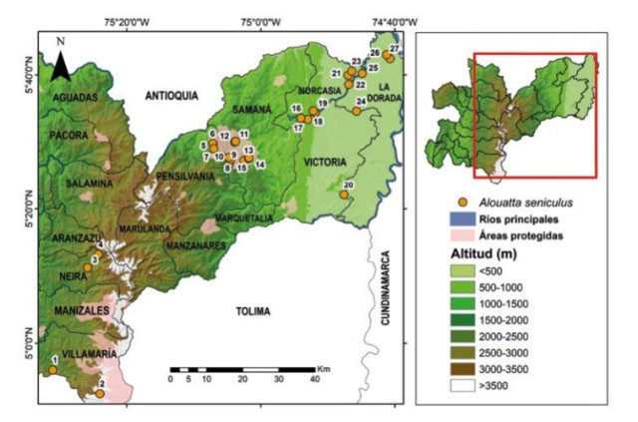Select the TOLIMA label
[252, 311]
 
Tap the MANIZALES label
[76, 311]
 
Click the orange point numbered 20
[343, 196]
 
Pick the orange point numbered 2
[100, 394]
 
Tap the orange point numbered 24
[357, 111]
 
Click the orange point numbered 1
[52, 370]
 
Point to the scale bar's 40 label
[314, 380]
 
